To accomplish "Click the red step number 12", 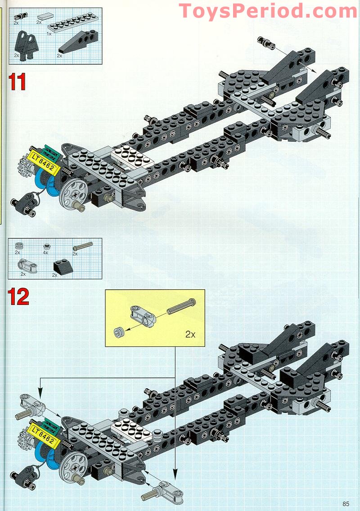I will [18, 297].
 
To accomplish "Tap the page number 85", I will [346, 503].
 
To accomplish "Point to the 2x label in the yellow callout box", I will [191, 335].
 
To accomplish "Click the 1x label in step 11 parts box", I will [49, 34].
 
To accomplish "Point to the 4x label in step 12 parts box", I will [45, 253].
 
